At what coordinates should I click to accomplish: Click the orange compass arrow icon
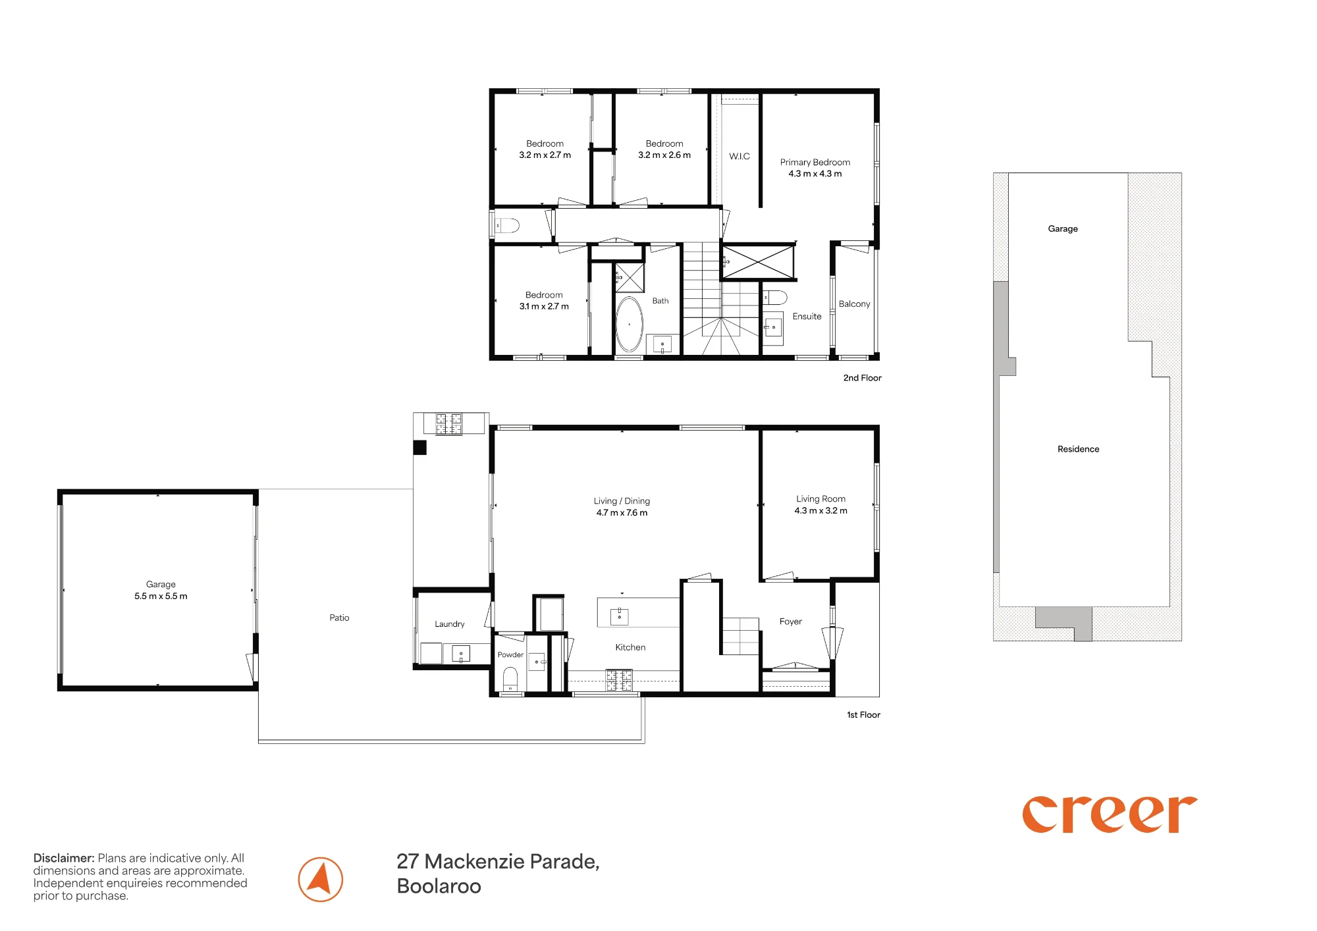(321, 880)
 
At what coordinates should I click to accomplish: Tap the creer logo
(1110, 814)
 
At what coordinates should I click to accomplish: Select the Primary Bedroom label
(815, 162)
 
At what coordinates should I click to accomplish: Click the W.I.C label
(739, 156)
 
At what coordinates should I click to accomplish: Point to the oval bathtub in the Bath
(630, 324)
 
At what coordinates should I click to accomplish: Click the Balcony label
(854, 304)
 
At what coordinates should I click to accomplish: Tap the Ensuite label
(807, 317)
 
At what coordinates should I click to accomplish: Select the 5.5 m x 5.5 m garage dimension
(161, 597)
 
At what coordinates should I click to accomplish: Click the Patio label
(339, 618)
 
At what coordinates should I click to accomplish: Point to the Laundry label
(450, 624)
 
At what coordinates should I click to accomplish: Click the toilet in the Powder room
(510, 679)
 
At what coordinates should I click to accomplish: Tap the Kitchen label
(630, 647)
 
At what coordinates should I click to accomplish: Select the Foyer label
(791, 622)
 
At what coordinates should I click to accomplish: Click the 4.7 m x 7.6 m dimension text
(622, 513)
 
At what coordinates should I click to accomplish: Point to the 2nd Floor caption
(862, 378)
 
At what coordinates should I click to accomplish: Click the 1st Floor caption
(863, 715)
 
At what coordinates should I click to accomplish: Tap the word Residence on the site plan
(1078, 449)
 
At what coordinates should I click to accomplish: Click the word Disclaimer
(64, 858)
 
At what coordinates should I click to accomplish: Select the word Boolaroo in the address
(439, 886)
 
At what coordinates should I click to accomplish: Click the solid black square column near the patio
(420, 448)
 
